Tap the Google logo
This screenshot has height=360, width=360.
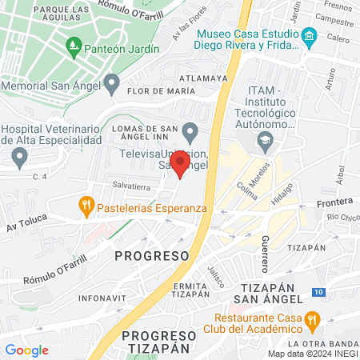[x=26, y=350]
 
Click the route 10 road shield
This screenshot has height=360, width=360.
[x=318, y=293]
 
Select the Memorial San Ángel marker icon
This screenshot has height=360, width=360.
[x=112, y=83]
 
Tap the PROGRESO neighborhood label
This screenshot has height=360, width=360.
[x=151, y=255]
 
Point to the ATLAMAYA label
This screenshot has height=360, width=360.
[x=202, y=78]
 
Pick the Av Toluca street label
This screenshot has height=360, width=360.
[x=22, y=227]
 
